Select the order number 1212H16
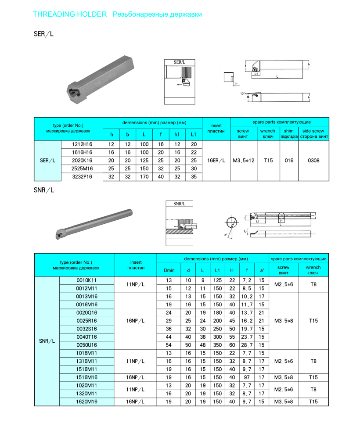point(82,144)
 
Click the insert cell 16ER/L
point(216,161)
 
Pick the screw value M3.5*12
point(243,161)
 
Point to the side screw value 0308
point(313,161)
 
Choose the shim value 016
point(289,161)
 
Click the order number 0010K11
point(86,280)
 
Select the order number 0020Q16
point(86,312)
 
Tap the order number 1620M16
point(86,401)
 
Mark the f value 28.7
point(247,345)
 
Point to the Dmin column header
point(169,270)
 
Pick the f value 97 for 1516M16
point(247,377)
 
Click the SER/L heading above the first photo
point(43,34)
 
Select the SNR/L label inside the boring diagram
point(180,204)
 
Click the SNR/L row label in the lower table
point(47,341)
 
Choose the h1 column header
point(177,134)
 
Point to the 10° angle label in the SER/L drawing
point(242,93)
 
